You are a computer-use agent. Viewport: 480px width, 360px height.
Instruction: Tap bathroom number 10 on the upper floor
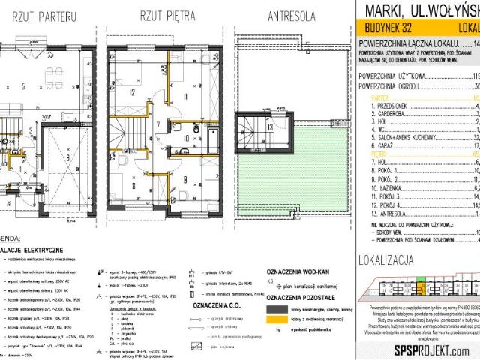[186, 137]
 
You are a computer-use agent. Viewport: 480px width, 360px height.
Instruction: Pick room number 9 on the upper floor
[186, 179]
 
